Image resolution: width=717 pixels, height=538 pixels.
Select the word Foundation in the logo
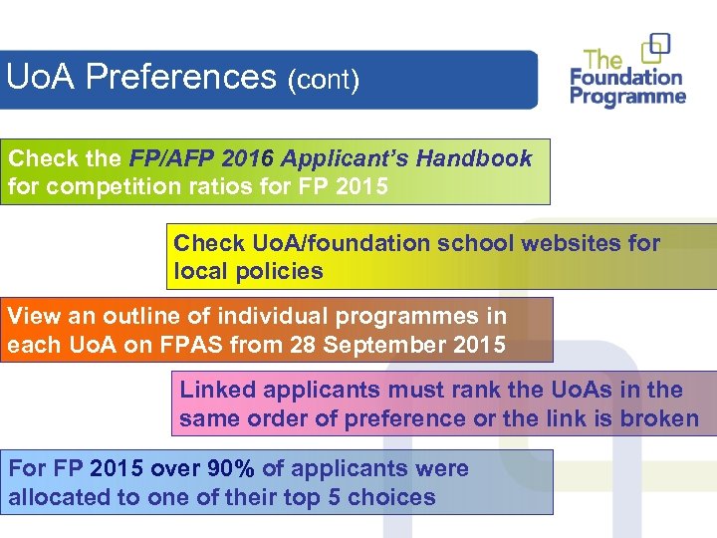tap(626, 77)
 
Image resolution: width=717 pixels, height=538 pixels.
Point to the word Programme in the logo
tap(627, 97)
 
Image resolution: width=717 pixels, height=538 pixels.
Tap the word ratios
tap(227, 186)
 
